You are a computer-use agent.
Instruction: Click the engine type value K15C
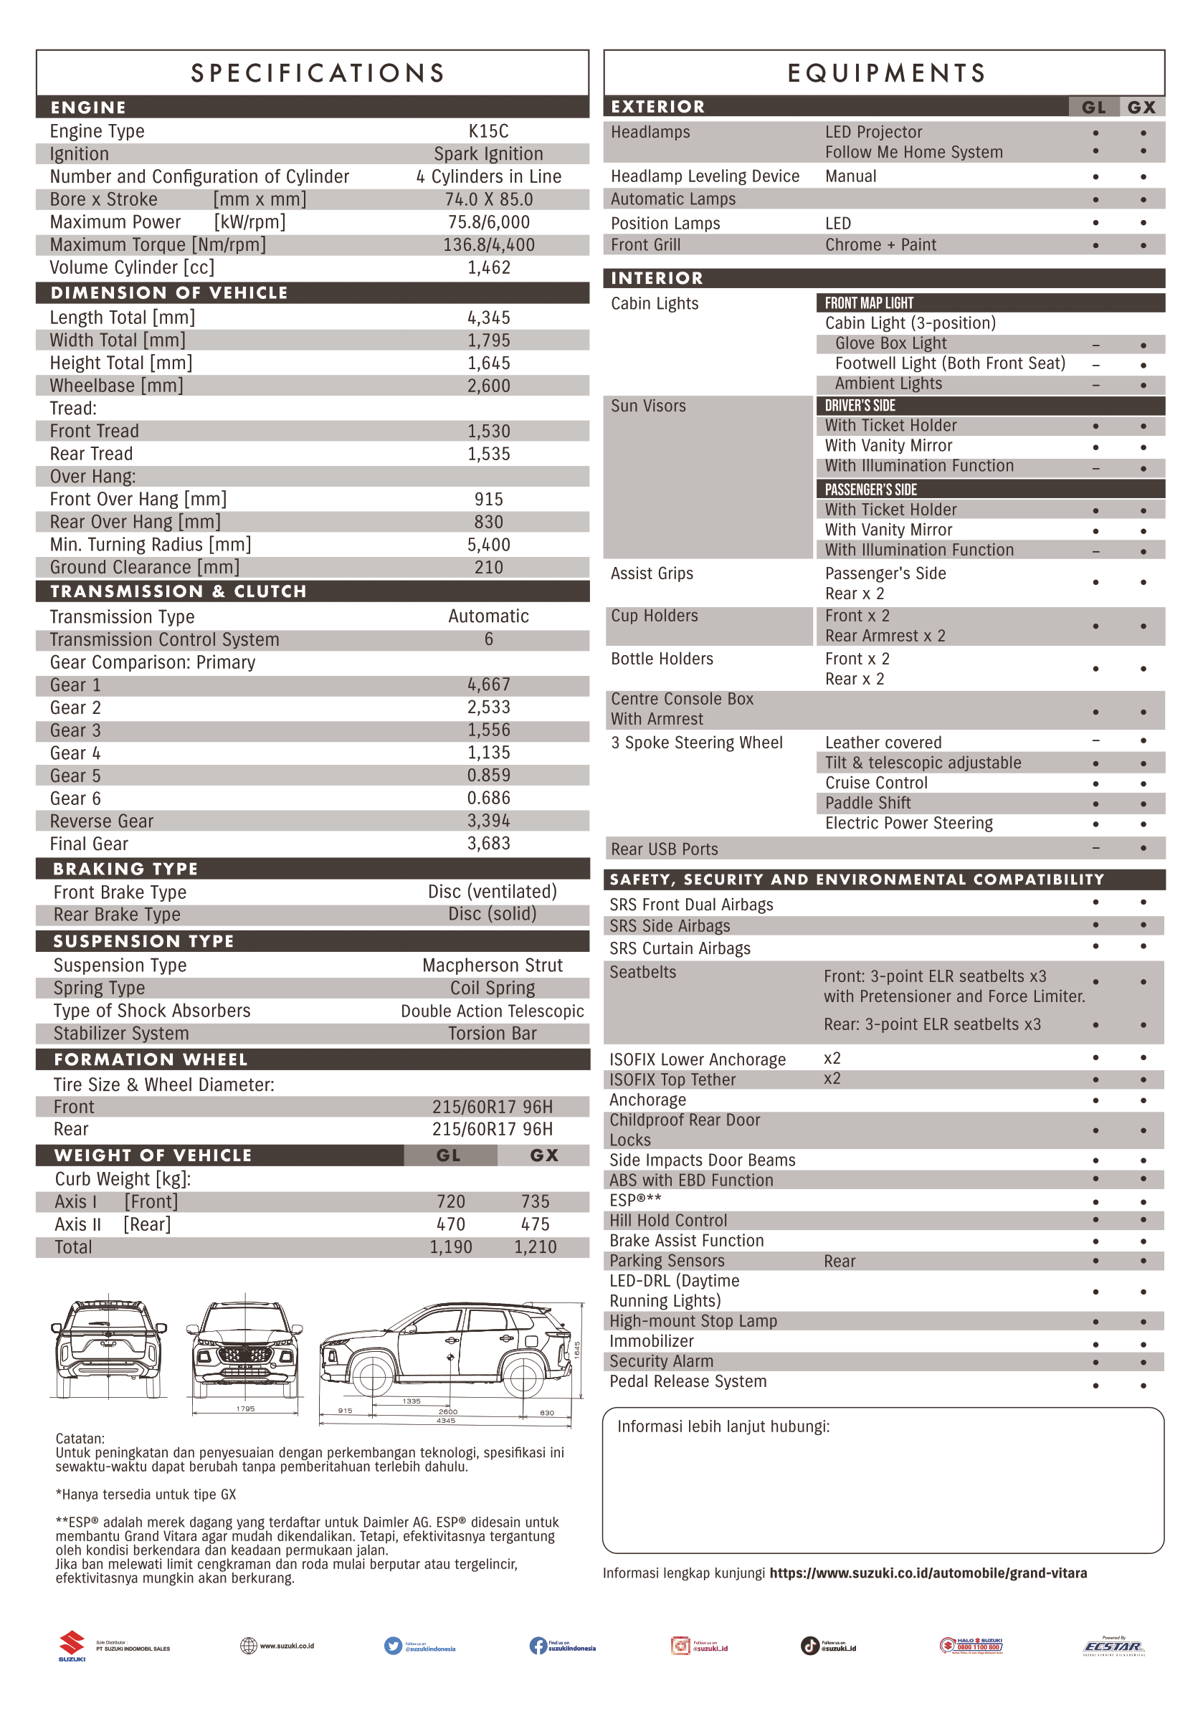click(x=488, y=131)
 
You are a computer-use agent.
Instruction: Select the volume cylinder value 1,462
click(x=488, y=267)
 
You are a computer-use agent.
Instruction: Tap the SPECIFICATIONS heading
click(x=318, y=73)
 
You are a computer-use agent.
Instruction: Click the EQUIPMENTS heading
click(x=887, y=73)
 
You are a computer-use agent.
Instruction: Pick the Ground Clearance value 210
click(x=488, y=567)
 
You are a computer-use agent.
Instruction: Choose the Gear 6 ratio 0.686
click(x=488, y=798)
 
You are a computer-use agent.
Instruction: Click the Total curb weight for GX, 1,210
click(x=534, y=1247)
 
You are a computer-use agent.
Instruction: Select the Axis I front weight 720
click(x=450, y=1201)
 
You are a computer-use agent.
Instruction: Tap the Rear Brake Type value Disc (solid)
click(x=492, y=914)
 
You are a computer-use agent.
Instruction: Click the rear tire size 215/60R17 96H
click(x=492, y=1129)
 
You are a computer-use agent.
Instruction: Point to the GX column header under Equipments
click(x=1141, y=108)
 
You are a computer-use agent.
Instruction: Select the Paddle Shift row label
click(x=867, y=803)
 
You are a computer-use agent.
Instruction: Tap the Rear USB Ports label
click(x=664, y=849)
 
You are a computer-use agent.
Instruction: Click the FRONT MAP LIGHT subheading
click(x=868, y=302)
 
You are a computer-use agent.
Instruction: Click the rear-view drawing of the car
click(x=108, y=1349)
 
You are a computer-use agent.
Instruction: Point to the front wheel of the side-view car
click(x=372, y=1376)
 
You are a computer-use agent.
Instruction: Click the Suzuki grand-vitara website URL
click(x=928, y=1573)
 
